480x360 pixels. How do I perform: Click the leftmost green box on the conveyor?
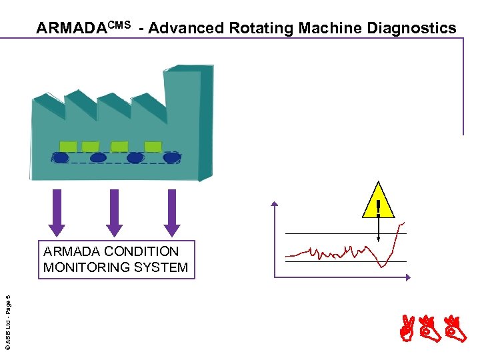coord(68,146)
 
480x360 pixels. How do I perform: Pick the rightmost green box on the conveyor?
coord(153,146)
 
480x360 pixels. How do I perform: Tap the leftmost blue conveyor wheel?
coord(61,158)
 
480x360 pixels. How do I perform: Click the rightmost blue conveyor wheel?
coord(172,158)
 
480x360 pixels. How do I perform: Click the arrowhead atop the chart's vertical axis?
coord(275,203)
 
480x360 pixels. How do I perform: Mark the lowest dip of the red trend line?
coord(382,266)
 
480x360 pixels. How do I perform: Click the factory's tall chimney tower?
coord(188,120)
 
